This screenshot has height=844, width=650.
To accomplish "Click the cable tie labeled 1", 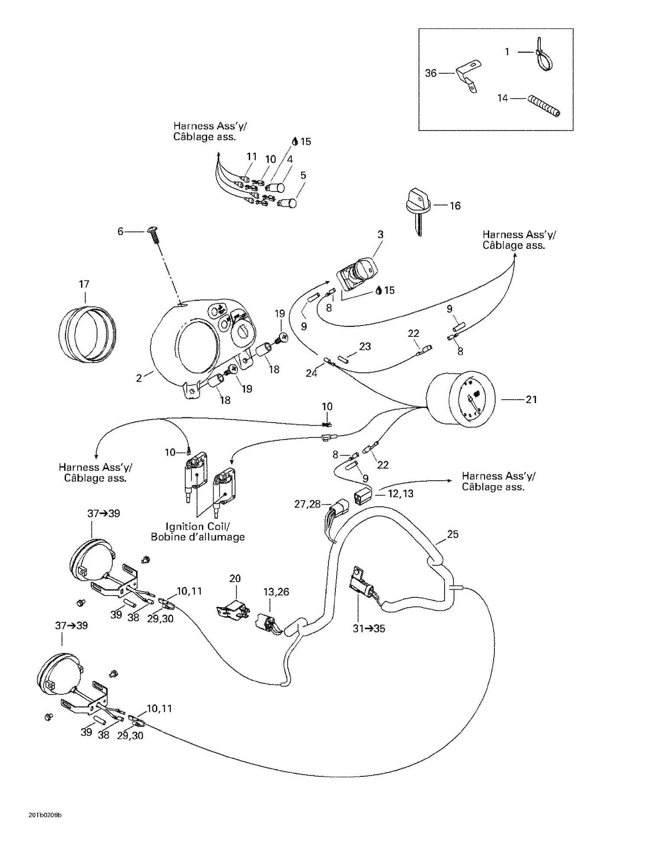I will pyautogui.click(x=544, y=58).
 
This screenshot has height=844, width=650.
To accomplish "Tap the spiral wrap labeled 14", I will pyautogui.click(x=544, y=106).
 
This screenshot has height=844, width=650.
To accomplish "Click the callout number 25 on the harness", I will pyautogui.click(x=452, y=534).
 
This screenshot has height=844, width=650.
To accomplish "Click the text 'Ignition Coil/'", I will pyautogui.click(x=198, y=526).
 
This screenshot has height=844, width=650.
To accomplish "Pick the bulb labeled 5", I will pyautogui.click(x=288, y=202).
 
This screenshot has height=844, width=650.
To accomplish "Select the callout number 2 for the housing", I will pyautogui.click(x=139, y=378).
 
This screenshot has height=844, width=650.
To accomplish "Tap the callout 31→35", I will pyautogui.click(x=369, y=629).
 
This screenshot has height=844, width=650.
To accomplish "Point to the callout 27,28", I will pyautogui.click(x=307, y=504).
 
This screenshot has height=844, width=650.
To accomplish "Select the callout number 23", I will pyautogui.click(x=365, y=346).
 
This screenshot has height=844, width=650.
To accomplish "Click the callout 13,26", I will pyautogui.click(x=276, y=592).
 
